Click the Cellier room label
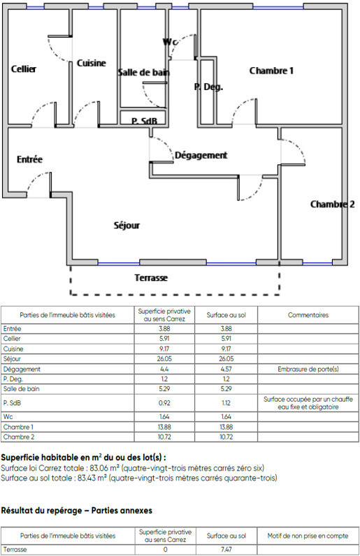click(24, 68)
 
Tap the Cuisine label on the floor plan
click(92, 63)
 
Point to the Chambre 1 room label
click(271, 71)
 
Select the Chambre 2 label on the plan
click(332, 204)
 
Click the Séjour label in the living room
click(127, 226)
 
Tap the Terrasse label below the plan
click(151, 277)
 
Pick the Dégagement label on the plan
click(201, 155)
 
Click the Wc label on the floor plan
click(170, 42)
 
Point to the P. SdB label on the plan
click(144, 122)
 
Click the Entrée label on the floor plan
click(29, 159)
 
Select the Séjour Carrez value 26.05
click(164, 359)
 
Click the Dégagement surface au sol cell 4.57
click(226, 369)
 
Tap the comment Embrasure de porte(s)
click(308, 369)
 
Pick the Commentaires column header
click(308, 315)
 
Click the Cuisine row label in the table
click(13, 349)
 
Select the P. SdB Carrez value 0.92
click(164, 403)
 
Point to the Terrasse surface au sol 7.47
click(226, 549)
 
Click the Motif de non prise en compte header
click(308, 536)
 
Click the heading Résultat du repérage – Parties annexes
click(77, 511)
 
